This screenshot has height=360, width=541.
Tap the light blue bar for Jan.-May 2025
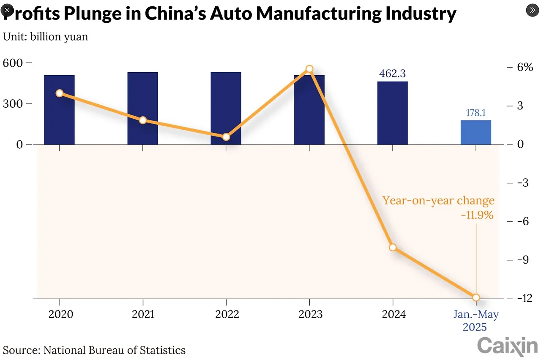(x=476, y=132)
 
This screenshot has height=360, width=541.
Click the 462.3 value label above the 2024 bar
(x=393, y=74)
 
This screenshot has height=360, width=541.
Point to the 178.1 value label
(x=476, y=113)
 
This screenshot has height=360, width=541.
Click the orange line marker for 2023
(x=309, y=69)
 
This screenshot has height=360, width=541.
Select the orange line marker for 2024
(x=393, y=247)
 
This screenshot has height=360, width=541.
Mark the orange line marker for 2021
(x=143, y=120)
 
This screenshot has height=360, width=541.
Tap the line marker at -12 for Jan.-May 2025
(x=476, y=297)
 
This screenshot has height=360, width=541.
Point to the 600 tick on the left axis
(x=13, y=63)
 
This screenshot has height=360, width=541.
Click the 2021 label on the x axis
(x=143, y=315)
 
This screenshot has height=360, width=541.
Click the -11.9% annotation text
(x=477, y=215)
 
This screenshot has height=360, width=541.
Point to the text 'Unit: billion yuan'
(x=46, y=37)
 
